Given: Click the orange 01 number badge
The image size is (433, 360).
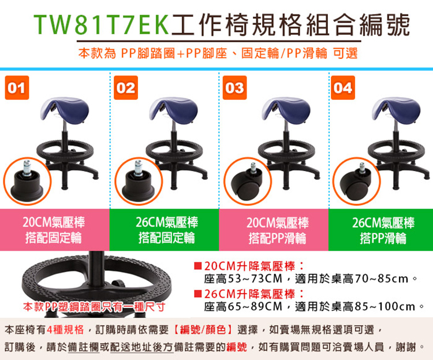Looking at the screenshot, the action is coord(17,88).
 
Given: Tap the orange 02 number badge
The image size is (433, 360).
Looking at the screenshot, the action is coord(126,88).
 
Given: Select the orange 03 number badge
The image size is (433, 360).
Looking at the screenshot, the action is coord(235,88).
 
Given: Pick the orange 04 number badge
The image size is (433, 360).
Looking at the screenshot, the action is coord(343,88).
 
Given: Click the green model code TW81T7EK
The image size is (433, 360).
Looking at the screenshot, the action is coord(102,25).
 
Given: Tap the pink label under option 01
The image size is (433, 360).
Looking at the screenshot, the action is coord(55,230).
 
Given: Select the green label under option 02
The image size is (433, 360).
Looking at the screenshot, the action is coord(165,230).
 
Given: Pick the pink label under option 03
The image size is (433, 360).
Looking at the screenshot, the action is coord(274,230).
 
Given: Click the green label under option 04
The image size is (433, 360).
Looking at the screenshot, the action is coord(381,230).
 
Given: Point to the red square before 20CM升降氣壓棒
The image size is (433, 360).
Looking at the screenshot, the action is coord(197,266).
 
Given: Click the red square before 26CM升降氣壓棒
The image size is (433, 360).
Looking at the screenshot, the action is coord(197,294).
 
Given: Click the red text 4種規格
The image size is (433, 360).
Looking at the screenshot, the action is coord(65,329).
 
